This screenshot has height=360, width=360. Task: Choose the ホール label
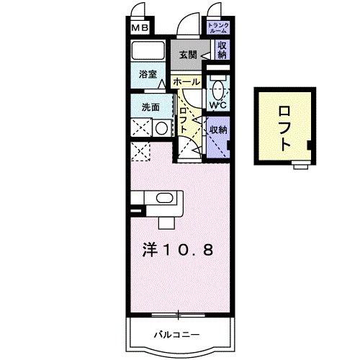(x=187, y=82)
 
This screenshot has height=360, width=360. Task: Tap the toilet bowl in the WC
(x=217, y=91)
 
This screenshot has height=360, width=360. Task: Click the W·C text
(x=217, y=106)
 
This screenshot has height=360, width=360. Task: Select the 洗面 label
(x=150, y=108)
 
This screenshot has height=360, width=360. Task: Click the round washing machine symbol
(x=161, y=129)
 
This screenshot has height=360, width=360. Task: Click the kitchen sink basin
(x=164, y=198)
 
